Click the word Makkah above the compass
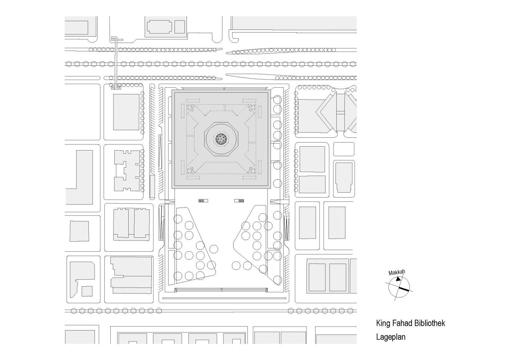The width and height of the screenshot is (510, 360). (x=396, y=273)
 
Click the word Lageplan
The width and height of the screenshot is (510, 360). (x=390, y=337)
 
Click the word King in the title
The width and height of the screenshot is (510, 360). (x=383, y=323)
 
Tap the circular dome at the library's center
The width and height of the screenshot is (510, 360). (x=222, y=139)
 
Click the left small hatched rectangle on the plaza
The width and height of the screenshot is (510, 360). (x=203, y=201)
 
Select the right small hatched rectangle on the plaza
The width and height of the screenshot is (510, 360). (x=239, y=201)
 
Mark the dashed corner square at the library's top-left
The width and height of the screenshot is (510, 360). (x=191, y=107)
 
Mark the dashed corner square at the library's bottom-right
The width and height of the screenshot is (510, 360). (x=252, y=170)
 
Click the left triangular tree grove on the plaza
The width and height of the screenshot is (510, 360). (x=193, y=247)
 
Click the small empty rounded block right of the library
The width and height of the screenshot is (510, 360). (x=343, y=149)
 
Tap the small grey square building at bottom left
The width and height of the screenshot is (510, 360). (x=87, y=291)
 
